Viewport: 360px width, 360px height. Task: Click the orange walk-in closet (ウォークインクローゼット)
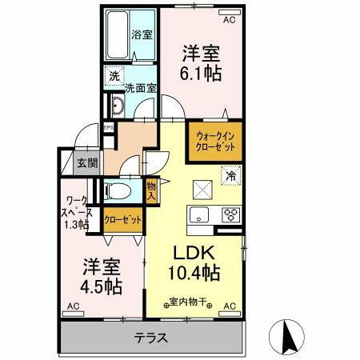(214, 142)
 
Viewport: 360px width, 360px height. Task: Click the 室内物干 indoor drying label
(187, 302)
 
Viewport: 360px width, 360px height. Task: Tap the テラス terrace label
(150, 337)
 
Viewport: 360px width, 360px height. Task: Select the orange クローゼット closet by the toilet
(122, 219)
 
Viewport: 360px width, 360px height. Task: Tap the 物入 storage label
(152, 190)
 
